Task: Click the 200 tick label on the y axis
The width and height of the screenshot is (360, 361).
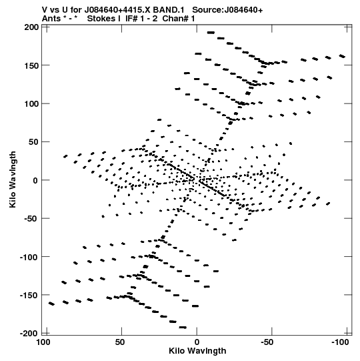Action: (x=32, y=27)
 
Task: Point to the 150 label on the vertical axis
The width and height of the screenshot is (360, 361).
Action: (x=32, y=65)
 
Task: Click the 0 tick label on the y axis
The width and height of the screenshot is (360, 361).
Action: (x=35, y=180)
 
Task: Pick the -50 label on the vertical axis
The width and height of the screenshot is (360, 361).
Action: (x=31, y=219)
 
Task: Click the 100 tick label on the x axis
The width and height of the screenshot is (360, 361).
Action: (x=43, y=342)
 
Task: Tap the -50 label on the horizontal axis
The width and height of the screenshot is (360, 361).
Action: (x=267, y=342)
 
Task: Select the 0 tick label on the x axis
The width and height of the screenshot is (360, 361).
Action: (x=197, y=342)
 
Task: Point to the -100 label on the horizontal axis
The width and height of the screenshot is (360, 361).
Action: (x=340, y=342)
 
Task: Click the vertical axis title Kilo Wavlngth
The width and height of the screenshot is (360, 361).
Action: (x=13, y=179)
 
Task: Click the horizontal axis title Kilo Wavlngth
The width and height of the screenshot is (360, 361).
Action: (x=197, y=351)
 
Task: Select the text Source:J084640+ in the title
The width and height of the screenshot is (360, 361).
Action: (x=227, y=10)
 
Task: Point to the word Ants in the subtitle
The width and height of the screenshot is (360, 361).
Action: (x=51, y=19)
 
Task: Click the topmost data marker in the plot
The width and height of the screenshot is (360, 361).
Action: (x=211, y=33)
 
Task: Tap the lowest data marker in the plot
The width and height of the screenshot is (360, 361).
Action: (x=183, y=327)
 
